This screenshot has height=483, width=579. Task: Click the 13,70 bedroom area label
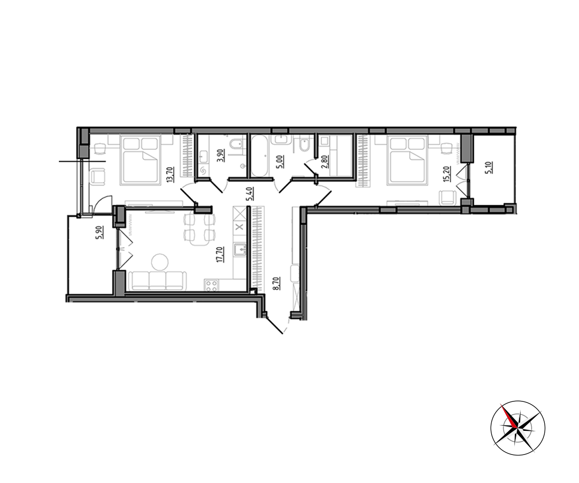[170, 174]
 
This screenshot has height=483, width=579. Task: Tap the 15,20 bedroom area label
[447, 174]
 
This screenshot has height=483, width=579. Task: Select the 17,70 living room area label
[221, 255]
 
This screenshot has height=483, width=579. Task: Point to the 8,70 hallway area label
[276, 283]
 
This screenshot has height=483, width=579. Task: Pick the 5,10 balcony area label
[489, 168]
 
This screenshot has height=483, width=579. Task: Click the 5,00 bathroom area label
[281, 162]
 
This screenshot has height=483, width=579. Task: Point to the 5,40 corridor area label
[249, 194]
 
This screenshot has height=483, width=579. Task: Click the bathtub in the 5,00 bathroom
[260, 156]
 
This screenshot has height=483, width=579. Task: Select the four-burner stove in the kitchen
[212, 285]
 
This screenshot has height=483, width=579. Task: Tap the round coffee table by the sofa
[160, 262]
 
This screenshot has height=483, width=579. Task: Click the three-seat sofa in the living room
[157, 281]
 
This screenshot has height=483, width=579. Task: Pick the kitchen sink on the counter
[240, 250]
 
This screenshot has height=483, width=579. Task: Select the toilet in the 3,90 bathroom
[236, 144]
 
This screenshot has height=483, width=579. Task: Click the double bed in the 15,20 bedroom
[408, 160]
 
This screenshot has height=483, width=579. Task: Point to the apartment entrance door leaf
[274, 326]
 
